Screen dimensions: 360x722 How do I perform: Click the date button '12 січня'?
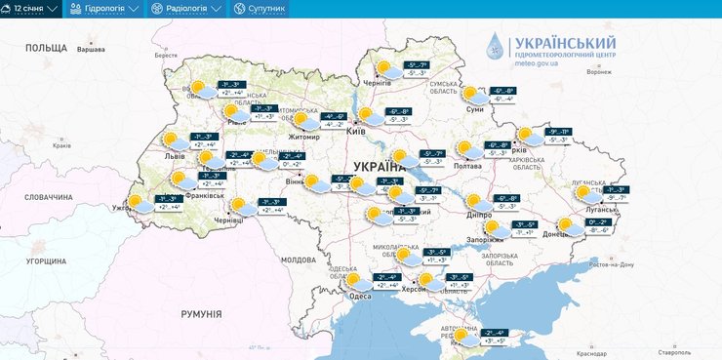(x=34, y=8)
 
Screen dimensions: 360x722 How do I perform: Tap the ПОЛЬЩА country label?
(x=46, y=47)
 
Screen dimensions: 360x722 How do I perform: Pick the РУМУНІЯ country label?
(x=201, y=313)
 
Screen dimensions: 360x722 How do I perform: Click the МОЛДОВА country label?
(x=299, y=260)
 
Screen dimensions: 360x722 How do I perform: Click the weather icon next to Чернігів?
(x=386, y=68)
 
